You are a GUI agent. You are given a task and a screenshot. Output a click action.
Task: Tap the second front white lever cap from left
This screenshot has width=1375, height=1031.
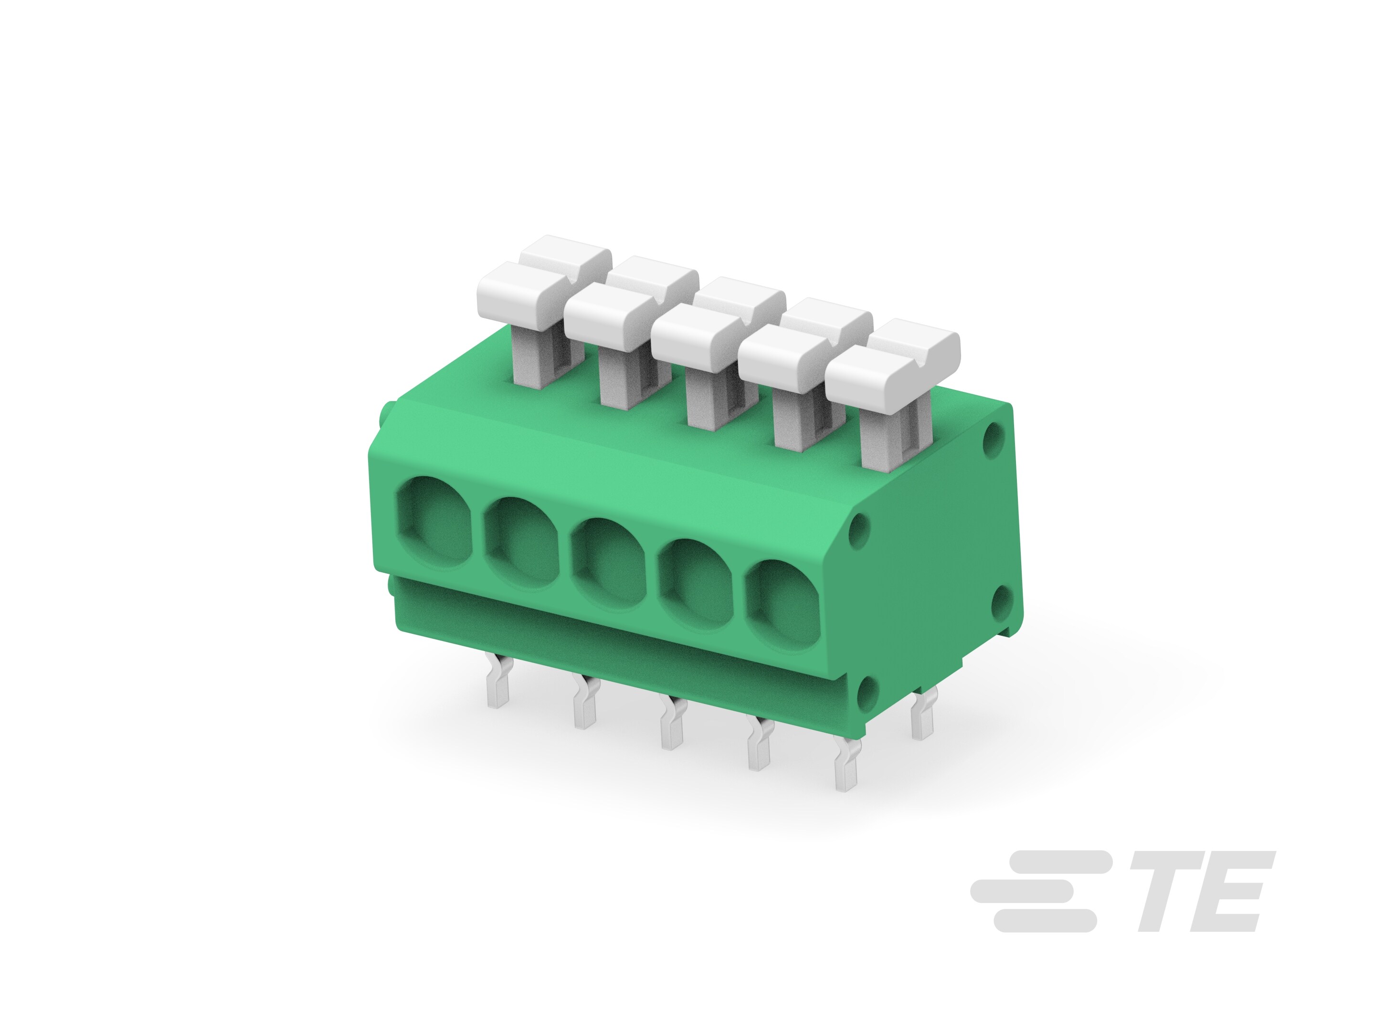pyautogui.click(x=611, y=309)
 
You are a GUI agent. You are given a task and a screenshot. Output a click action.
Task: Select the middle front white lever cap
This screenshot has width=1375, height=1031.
pyautogui.click(x=698, y=330)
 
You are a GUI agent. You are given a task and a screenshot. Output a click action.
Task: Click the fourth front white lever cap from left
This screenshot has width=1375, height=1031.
pyautogui.click(x=784, y=351)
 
